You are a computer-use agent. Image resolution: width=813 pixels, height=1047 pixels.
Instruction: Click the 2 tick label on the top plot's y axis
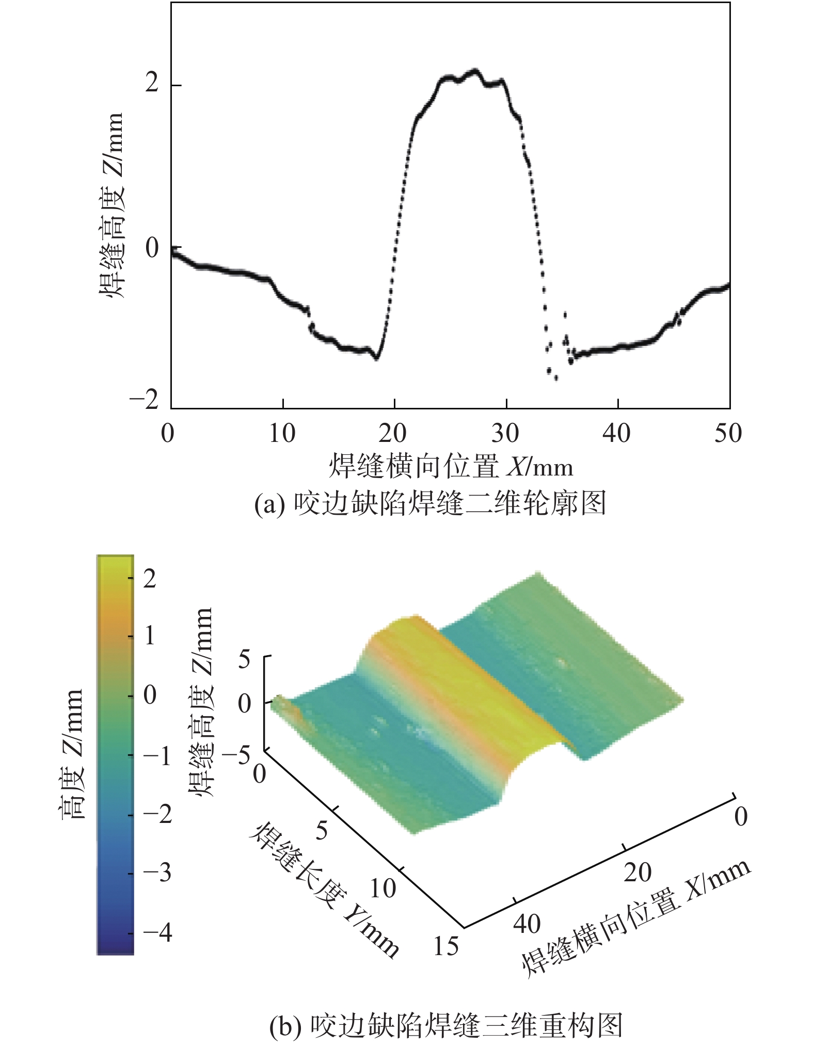click(151, 84)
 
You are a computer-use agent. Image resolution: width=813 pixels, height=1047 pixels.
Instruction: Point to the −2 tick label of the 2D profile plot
click(144, 400)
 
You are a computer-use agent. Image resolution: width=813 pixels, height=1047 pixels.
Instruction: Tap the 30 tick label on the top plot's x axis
click(505, 433)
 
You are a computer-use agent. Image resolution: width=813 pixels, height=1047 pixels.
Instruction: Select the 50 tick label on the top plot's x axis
click(728, 433)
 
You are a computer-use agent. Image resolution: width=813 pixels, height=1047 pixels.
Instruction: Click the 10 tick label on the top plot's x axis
click(282, 433)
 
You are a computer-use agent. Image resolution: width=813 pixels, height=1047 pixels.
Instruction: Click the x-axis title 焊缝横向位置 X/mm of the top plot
click(451, 467)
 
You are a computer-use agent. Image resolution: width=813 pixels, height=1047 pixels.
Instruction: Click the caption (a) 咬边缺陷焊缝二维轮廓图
click(430, 503)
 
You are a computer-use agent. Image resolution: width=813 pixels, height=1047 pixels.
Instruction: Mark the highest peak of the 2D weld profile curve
click(474, 70)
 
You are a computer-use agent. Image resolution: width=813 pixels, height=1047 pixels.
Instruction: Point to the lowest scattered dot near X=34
click(556, 379)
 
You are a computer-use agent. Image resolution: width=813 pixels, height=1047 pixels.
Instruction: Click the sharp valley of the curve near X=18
click(376, 358)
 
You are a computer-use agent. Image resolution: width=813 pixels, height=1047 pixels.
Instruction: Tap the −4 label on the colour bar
click(157, 933)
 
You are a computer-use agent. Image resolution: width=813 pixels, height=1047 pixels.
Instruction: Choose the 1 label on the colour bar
click(150, 636)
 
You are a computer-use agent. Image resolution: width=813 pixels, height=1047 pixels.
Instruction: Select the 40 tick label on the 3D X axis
click(527, 924)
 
